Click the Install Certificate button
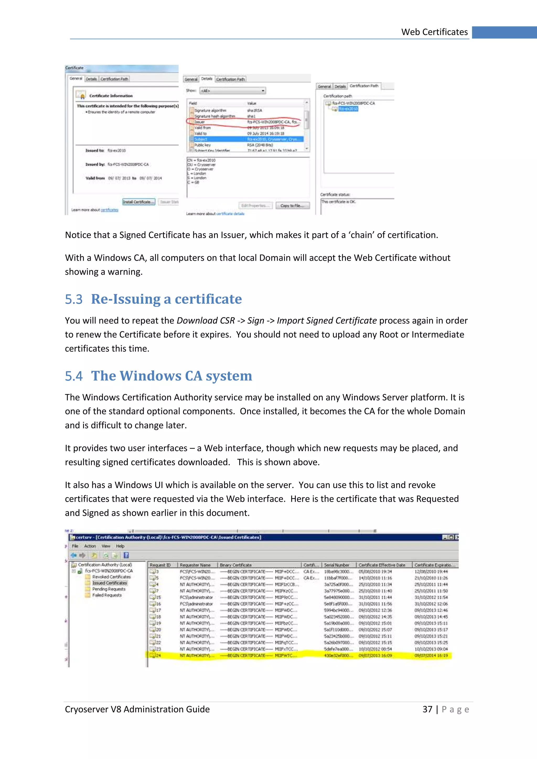tap(138, 202)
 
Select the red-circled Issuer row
tap(245, 122)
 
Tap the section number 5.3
tap(74, 300)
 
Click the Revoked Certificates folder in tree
tap(111, 577)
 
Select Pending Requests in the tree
tap(109, 589)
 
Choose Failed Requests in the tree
tap(106, 595)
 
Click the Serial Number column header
tap(336, 565)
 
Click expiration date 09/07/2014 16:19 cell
tap(431, 655)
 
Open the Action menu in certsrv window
tap(90, 546)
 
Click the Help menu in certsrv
tap(120, 546)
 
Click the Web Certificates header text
tap(434, 32)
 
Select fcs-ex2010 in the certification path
tap(348, 109)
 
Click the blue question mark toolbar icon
tap(126, 555)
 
